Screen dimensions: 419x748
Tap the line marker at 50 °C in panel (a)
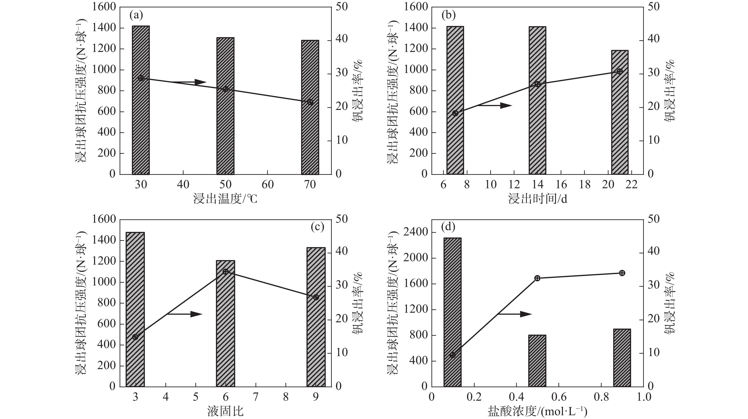coord(226,89)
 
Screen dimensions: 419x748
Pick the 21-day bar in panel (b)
coord(620,122)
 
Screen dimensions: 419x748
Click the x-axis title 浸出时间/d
coord(537,199)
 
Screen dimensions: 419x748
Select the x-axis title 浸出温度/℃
coord(225,199)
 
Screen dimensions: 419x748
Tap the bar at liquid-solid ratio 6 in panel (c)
coord(226,334)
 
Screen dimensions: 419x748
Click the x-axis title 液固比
coord(225,411)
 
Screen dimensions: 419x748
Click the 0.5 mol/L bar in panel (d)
coord(537,361)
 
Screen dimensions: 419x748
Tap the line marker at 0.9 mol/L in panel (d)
coord(622,273)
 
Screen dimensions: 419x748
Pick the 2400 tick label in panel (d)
coord(416,232)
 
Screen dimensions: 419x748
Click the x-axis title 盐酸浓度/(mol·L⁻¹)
coord(537,411)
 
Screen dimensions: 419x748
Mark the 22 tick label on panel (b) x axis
coord(631,185)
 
